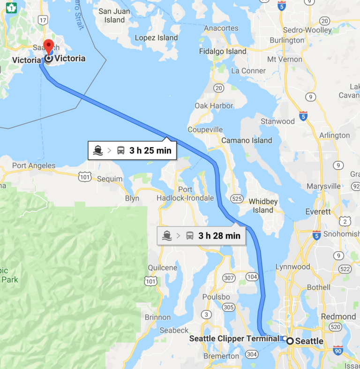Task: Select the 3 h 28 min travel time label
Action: coord(219,235)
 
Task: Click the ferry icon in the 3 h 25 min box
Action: coord(98,151)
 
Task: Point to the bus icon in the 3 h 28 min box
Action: coord(190,235)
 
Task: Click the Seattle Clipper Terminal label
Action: coord(234,338)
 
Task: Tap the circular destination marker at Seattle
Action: coord(290,341)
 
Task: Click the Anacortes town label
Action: coord(221,28)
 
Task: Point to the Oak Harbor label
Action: coord(214,105)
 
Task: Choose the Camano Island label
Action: coord(247,140)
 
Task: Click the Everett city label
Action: coord(318,211)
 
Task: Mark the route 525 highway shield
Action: coord(237,199)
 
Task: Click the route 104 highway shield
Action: coord(252,277)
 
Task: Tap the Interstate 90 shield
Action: coord(338,350)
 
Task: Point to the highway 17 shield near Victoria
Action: coord(43,20)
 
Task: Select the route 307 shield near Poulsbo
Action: coord(228,278)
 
